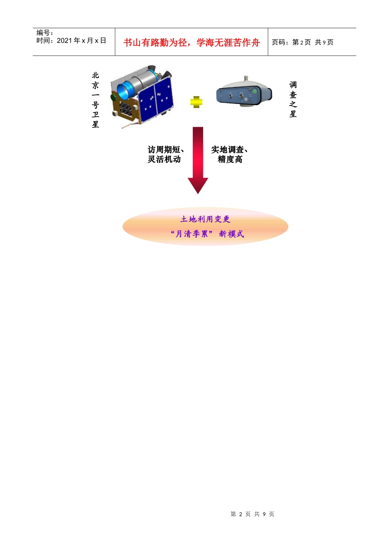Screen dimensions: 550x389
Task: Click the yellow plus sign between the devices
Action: [x=197, y=102]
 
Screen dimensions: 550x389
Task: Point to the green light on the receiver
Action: [x=254, y=91]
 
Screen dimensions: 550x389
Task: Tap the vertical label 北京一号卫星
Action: [x=95, y=100]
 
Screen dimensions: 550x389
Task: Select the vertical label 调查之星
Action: [x=293, y=99]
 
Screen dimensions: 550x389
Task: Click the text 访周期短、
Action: [x=166, y=150]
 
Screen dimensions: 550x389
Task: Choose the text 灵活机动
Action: [x=164, y=160]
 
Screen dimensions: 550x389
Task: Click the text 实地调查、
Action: [x=229, y=150]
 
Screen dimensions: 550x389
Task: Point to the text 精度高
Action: [x=230, y=160]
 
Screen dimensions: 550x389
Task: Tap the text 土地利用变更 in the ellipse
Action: [x=205, y=219]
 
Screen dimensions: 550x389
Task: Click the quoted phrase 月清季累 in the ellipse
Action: [x=192, y=234]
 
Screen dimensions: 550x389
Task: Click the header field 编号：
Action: [x=45, y=33]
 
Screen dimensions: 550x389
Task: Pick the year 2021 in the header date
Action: [x=65, y=41]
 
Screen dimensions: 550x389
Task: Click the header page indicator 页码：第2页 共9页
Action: [x=303, y=42]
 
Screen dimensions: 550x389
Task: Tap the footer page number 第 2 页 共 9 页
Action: [x=252, y=514]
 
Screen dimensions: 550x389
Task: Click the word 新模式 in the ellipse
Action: [x=231, y=234]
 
